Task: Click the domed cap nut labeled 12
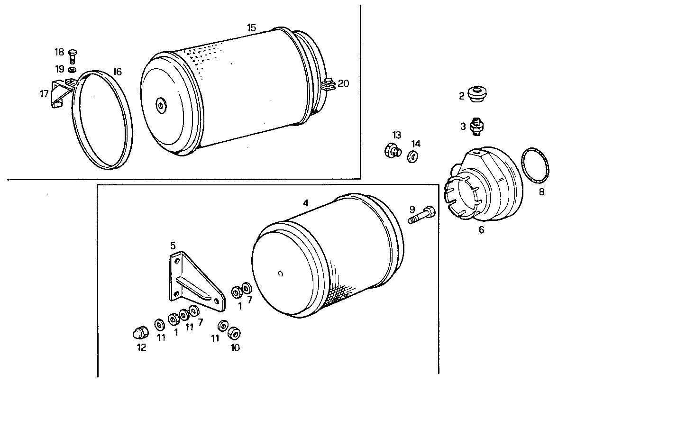(x=138, y=333)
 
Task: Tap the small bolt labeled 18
(x=73, y=55)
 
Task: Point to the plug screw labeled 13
(x=392, y=151)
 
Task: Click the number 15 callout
(x=251, y=28)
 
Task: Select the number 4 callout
(x=306, y=203)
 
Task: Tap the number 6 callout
(x=481, y=230)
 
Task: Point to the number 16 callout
(x=117, y=72)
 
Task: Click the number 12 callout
(x=141, y=347)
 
